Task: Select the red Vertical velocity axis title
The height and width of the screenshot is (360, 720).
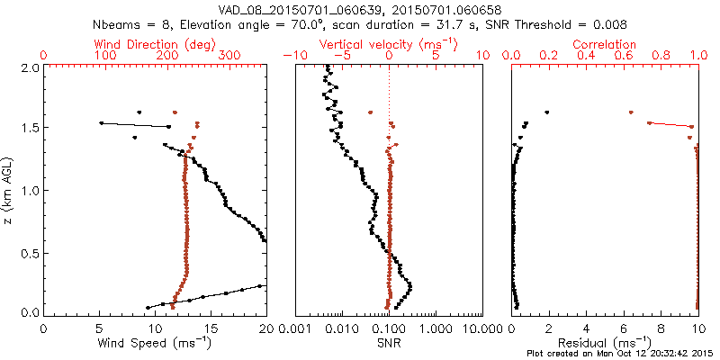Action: click(x=388, y=43)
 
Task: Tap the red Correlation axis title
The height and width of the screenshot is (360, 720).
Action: click(x=605, y=43)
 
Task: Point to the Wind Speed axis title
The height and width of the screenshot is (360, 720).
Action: click(x=156, y=343)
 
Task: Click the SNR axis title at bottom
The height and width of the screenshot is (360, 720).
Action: click(x=388, y=343)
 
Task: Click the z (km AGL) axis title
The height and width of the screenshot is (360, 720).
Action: click(x=10, y=189)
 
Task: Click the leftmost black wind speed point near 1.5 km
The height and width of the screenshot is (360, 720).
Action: click(x=101, y=122)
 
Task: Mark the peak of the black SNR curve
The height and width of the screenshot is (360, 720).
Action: click(x=410, y=287)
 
